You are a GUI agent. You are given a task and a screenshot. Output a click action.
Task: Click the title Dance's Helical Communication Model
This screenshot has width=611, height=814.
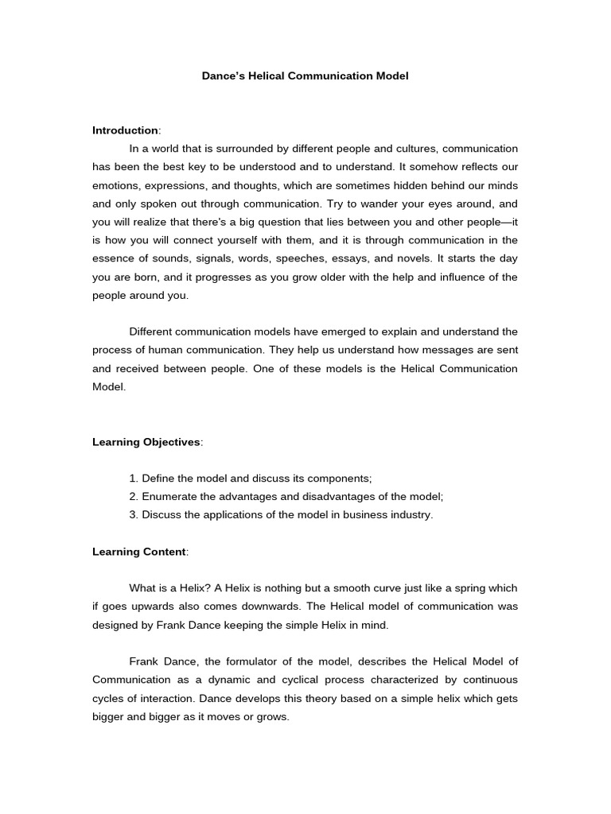pos(305,76)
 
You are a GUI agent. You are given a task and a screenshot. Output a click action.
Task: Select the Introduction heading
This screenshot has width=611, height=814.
pos(126,130)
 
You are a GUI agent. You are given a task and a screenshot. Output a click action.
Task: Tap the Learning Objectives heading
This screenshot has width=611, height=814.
pos(147,442)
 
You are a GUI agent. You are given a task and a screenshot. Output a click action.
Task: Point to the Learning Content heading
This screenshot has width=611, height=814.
pos(139,552)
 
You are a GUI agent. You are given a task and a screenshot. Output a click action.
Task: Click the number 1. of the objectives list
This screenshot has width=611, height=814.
pos(134,479)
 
